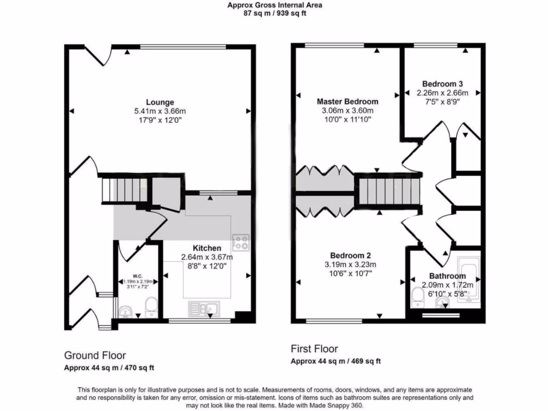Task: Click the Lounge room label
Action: [x=160, y=102]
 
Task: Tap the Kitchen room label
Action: [x=207, y=248]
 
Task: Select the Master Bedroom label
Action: [x=347, y=101]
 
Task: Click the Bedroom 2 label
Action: [x=351, y=255]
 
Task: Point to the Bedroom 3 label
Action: [x=442, y=83]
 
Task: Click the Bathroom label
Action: [x=447, y=276]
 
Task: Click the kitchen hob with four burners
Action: [x=240, y=242]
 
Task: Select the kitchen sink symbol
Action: [x=203, y=309]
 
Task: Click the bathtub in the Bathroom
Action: [x=469, y=281]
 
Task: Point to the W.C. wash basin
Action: [x=126, y=311]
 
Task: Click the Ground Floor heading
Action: [x=95, y=355]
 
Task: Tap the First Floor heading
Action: [x=314, y=349]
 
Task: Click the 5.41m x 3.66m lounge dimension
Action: [x=160, y=111]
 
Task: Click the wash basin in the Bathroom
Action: [x=442, y=305]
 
